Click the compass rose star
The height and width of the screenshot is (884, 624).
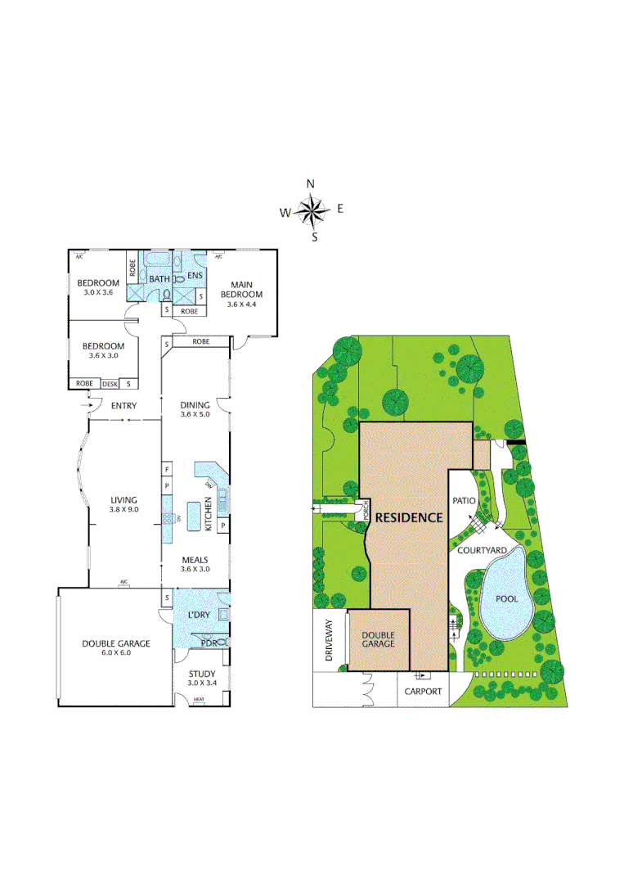[x=311, y=211]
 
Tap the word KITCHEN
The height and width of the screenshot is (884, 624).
[x=209, y=516]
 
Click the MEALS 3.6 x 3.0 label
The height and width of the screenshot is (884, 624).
[x=195, y=564]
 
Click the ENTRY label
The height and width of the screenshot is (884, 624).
[x=123, y=405]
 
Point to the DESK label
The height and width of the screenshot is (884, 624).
[x=109, y=384]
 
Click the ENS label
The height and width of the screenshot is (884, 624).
[x=195, y=276]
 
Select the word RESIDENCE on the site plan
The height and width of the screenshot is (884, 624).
[x=409, y=517]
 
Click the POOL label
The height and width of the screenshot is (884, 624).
[x=508, y=598]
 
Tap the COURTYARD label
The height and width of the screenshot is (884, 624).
[x=479, y=551]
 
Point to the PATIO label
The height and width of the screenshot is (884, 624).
[x=464, y=499]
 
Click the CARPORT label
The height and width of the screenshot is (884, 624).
[x=423, y=692]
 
